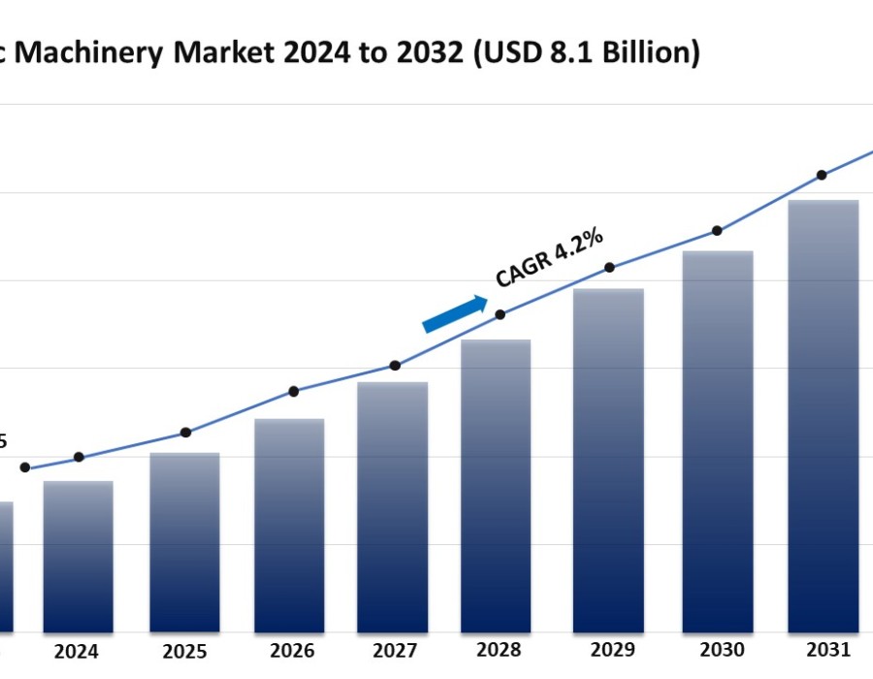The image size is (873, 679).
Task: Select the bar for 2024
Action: click(x=78, y=557)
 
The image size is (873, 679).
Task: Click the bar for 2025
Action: click(x=184, y=543)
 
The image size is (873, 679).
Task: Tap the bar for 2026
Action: click(x=289, y=526)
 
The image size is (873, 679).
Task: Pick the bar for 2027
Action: click(x=393, y=507)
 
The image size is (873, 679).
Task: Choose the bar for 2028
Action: click(x=496, y=486)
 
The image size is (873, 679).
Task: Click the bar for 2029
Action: click(x=608, y=461)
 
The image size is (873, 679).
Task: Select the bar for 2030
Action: click(x=718, y=442)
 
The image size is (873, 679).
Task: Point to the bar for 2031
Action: click(x=823, y=416)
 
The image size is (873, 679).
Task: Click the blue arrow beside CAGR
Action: click(x=455, y=314)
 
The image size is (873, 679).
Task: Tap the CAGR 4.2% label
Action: click(x=550, y=258)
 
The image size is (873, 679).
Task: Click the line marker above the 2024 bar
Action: click(x=79, y=457)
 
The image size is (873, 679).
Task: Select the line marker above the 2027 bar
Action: click(x=395, y=366)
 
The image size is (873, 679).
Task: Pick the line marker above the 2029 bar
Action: click(x=609, y=268)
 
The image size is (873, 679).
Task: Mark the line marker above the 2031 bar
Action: click(x=822, y=175)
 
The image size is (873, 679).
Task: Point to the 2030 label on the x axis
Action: click(x=717, y=650)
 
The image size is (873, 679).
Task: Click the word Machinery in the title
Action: click(x=92, y=53)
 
